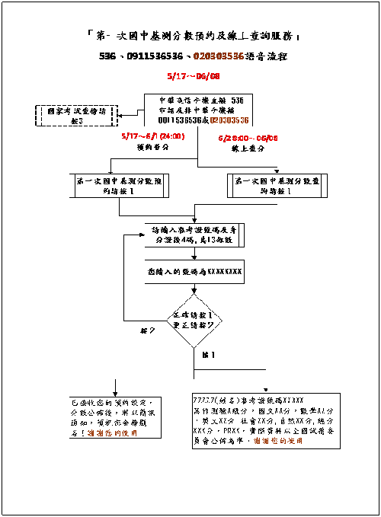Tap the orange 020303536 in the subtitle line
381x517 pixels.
(x=218, y=56)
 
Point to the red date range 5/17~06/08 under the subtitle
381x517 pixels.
(x=193, y=76)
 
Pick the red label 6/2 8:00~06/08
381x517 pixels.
(x=247, y=139)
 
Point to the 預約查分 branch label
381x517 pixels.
(x=151, y=148)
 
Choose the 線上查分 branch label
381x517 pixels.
(x=245, y=149)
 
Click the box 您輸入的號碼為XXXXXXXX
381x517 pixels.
(x=194, y=270)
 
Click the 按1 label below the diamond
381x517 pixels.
(x=208, y=355)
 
